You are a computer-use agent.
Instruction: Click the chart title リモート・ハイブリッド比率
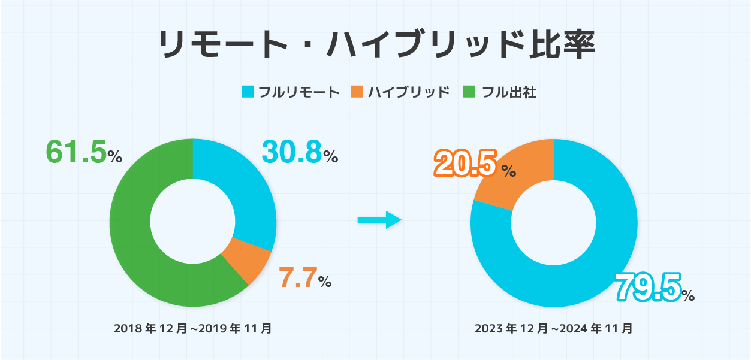[376, 46]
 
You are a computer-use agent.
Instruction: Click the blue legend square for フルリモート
[248, 92]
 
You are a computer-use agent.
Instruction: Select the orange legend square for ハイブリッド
[357, 92]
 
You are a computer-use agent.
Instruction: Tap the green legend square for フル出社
[469, 92]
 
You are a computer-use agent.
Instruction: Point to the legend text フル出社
[509, 92]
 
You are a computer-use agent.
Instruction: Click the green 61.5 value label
[76, 152]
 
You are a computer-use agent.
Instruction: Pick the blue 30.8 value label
[292, 152]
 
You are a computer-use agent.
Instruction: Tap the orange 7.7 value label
[298, 278]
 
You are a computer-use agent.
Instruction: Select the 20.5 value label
[466, 165]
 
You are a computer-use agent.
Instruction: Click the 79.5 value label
[648, 288]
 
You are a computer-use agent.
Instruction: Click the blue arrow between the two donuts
[379, 220]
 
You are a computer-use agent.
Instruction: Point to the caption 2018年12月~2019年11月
[192, 328]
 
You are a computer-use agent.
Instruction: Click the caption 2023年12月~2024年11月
[553, 328]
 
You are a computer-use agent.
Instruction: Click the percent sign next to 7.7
[325, 282]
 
